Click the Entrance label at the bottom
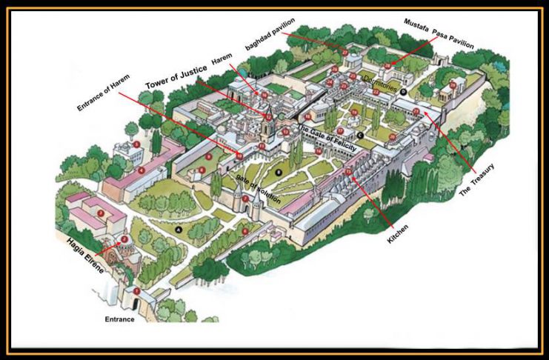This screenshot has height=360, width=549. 119,319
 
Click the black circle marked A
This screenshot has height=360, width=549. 178,230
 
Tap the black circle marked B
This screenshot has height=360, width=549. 279,173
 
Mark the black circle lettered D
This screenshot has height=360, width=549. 404,90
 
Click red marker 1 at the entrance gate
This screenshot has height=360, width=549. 136,291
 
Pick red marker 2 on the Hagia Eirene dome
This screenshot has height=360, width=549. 124,239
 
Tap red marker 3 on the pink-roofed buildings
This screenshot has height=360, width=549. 100,213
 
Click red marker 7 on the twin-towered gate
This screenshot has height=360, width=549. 245,199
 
